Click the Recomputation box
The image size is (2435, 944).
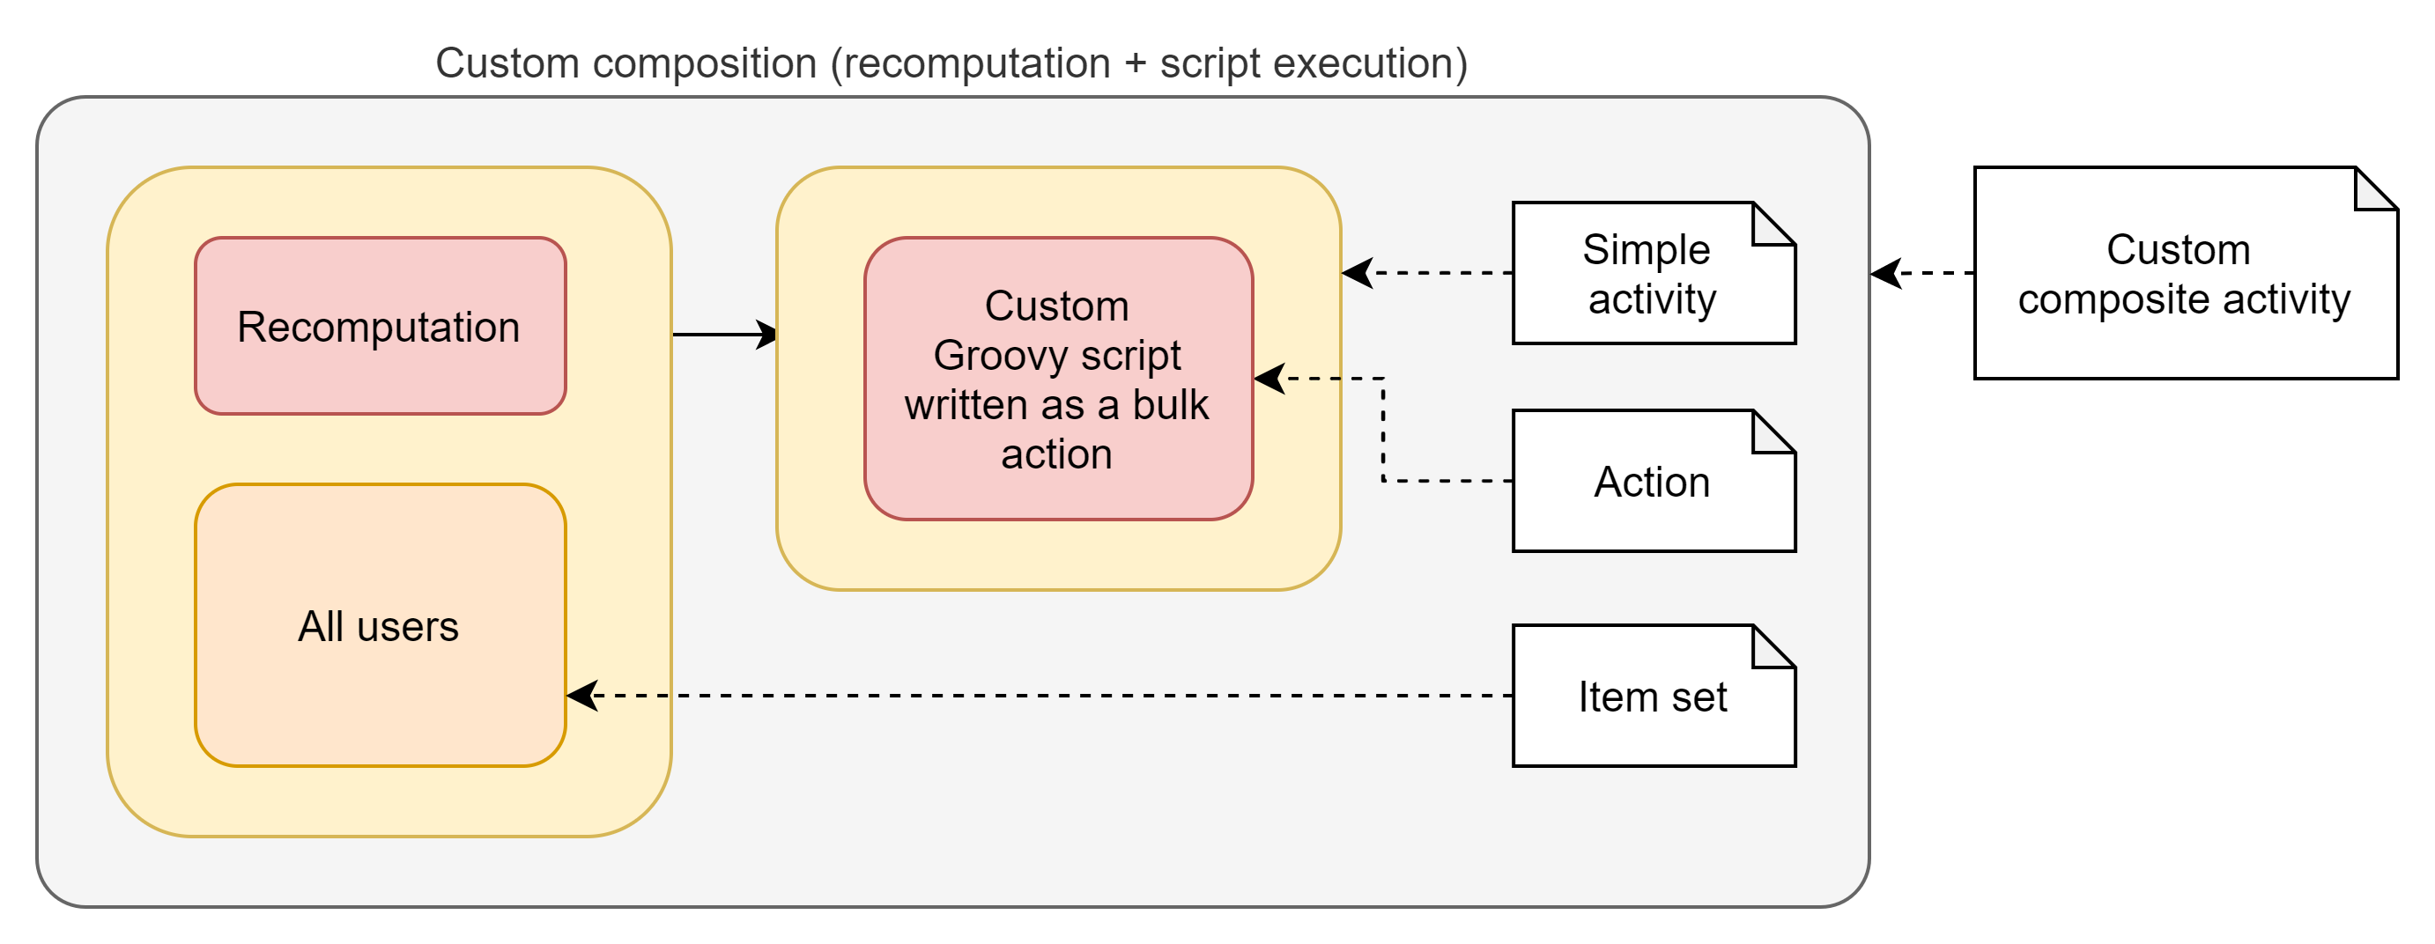[380, 326]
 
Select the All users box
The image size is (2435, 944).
[380, 625]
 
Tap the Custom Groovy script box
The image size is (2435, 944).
[1058, 378]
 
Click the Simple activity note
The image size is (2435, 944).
[1653, 273]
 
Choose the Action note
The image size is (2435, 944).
[1653, 482]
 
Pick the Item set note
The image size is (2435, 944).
[1653, 697]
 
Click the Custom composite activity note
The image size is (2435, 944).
[2184, 274]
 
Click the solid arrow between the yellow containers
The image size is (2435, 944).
[723, 334]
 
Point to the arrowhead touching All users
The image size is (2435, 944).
[581, 696]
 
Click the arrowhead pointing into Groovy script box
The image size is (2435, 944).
[1269, 379]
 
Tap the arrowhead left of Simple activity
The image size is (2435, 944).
[1357, 273]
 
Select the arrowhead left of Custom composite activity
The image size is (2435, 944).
[1886, 273]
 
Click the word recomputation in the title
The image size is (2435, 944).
[975, 64]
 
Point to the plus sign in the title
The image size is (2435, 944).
[1136, 64]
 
